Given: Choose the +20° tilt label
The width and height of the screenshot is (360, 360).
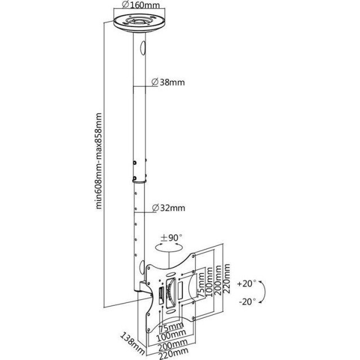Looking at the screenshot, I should click(246, 283).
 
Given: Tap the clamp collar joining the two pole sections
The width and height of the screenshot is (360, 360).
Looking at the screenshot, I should click(135, 180).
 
